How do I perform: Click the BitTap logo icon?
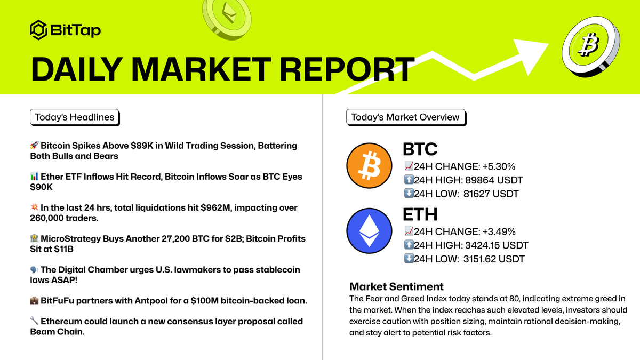tap(38, 30)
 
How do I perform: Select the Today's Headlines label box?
tap(75, 117)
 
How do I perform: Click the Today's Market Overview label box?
tap(405, 117)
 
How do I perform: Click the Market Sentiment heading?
tap(396, 287)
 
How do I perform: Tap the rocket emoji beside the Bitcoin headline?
tap(34, 146)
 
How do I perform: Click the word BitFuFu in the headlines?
tap(58, 300)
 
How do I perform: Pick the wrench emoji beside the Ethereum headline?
tap(34, 322)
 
